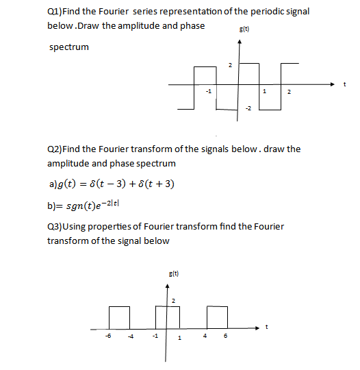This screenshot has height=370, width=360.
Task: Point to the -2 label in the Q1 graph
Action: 249,109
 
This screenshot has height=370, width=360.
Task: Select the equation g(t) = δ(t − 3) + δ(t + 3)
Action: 110,185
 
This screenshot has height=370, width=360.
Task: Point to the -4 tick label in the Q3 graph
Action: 129,336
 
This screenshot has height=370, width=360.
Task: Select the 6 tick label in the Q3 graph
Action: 226,336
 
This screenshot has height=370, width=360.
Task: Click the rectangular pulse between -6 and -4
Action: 119,317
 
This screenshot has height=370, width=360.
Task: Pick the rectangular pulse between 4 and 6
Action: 216,317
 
